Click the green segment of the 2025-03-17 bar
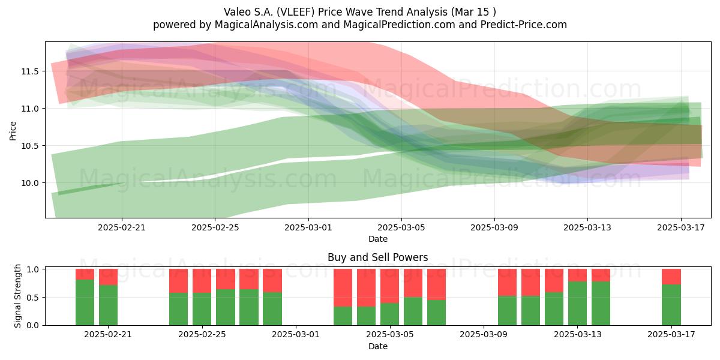(x=671, y=305)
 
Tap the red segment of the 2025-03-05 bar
(x=389, y=286)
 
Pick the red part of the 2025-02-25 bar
(x=202, y=281)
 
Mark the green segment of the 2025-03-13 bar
(x=577, y=304)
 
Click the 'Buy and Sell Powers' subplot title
(x=377, y=257)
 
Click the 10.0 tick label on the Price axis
(x=30, y=183)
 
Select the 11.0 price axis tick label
(x=30, y=109)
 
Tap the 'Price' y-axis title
(x=13, y=131)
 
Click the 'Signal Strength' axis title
(x=17, y=296)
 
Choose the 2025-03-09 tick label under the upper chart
(x=494, y=227)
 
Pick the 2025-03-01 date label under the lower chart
(x=296, y=335)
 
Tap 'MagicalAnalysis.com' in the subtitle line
(x=266, y=25)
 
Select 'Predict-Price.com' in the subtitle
(x=524, y=25)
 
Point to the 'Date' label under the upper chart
(x=377, y=239)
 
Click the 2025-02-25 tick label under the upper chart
(x=215, y=227)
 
